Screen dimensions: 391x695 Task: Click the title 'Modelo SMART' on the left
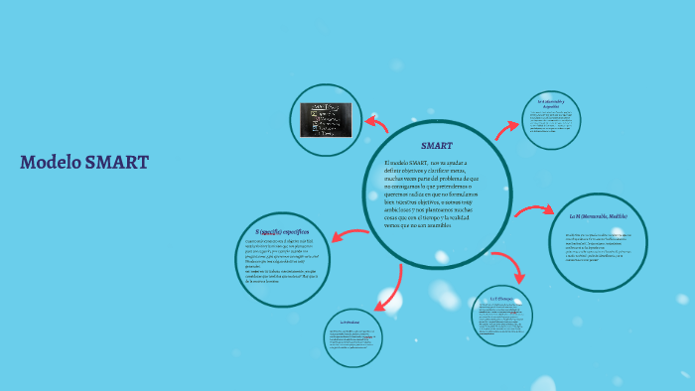point(83,163)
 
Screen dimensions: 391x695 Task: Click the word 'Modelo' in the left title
point(51,163)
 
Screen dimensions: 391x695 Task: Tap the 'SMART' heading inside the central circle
point(436,145)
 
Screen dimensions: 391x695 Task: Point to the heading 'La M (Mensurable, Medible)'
point(598,215)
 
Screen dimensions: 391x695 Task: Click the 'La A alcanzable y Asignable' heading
point(551,103)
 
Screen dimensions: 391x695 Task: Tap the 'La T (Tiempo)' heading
point(500,298)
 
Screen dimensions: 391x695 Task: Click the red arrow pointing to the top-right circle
point(507,128)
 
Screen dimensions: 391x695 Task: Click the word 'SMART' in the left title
point(116,163)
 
